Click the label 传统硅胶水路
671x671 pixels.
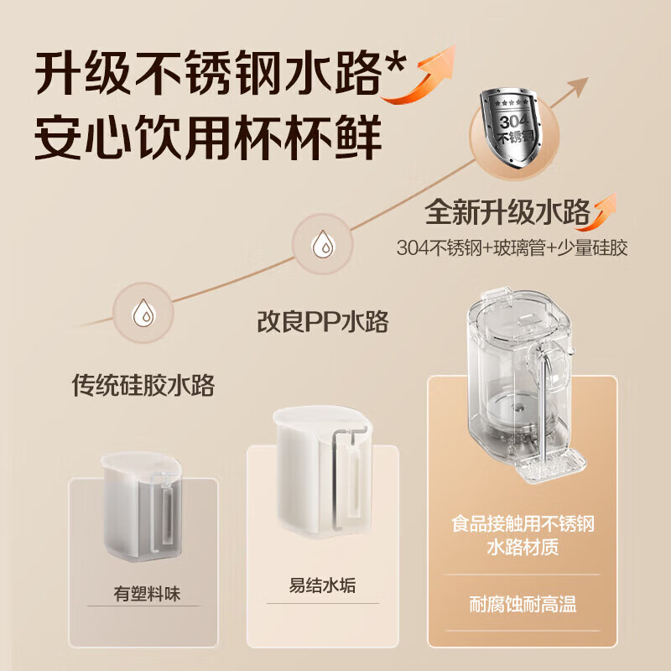tap(143, 386)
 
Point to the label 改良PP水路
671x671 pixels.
tap(323, 322)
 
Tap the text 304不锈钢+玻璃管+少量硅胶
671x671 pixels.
tap(513, 249)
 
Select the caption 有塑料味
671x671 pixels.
tap(147, 593)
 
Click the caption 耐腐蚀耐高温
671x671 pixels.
tap(523, 604)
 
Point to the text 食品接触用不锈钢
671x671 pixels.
tap(523, 524)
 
